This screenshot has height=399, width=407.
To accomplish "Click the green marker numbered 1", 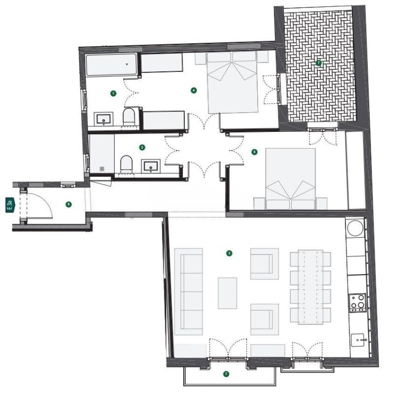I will click(113, 93).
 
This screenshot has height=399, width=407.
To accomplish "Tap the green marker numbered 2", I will click(142, 147).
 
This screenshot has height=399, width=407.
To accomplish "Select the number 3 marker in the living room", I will click(229, 254).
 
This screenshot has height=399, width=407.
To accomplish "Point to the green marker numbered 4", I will click(194, 90).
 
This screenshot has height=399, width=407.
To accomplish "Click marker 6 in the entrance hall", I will click(69, 204).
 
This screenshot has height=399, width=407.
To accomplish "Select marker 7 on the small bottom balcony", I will click(226, 374).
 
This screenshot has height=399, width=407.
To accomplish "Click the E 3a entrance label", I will click(10, 205).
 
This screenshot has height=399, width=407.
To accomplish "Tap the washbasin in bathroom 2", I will click(151, 165).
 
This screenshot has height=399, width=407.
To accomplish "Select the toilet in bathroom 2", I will click(126, 165).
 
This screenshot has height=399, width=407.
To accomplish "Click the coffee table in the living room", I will click(227, 293).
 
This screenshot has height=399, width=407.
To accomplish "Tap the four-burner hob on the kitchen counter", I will click(358, 302).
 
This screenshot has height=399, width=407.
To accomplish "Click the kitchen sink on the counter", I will click(358, 339).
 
